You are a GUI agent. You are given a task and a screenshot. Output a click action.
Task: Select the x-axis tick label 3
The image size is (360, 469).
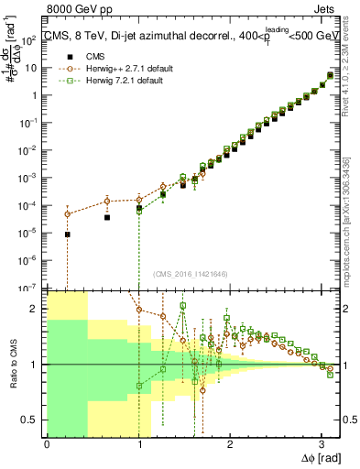coord(322,446)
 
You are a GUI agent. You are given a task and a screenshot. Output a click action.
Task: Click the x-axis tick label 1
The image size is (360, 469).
coord(138,446)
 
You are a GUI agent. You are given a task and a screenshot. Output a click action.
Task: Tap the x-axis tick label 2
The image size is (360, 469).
coord(230,446)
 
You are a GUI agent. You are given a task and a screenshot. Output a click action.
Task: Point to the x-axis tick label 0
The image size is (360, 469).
coord(47,446)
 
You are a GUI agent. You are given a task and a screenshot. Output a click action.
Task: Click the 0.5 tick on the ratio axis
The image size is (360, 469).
coord(33,420)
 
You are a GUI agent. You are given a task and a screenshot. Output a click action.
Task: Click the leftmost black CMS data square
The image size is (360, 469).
coord(68,234)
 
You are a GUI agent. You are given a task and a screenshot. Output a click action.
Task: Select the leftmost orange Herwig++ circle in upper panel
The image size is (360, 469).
coord(68,214)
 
